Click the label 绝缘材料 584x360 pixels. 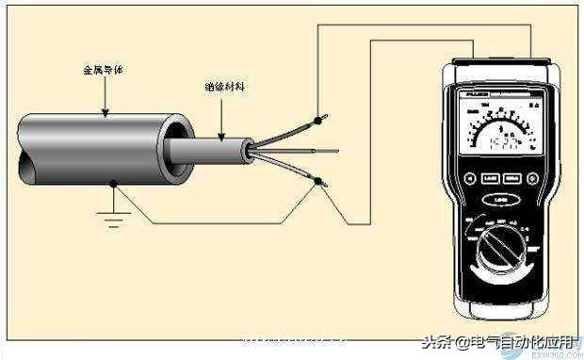223,86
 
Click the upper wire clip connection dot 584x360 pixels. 320,121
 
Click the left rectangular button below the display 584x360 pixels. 489,178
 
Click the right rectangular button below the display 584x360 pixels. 511,178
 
